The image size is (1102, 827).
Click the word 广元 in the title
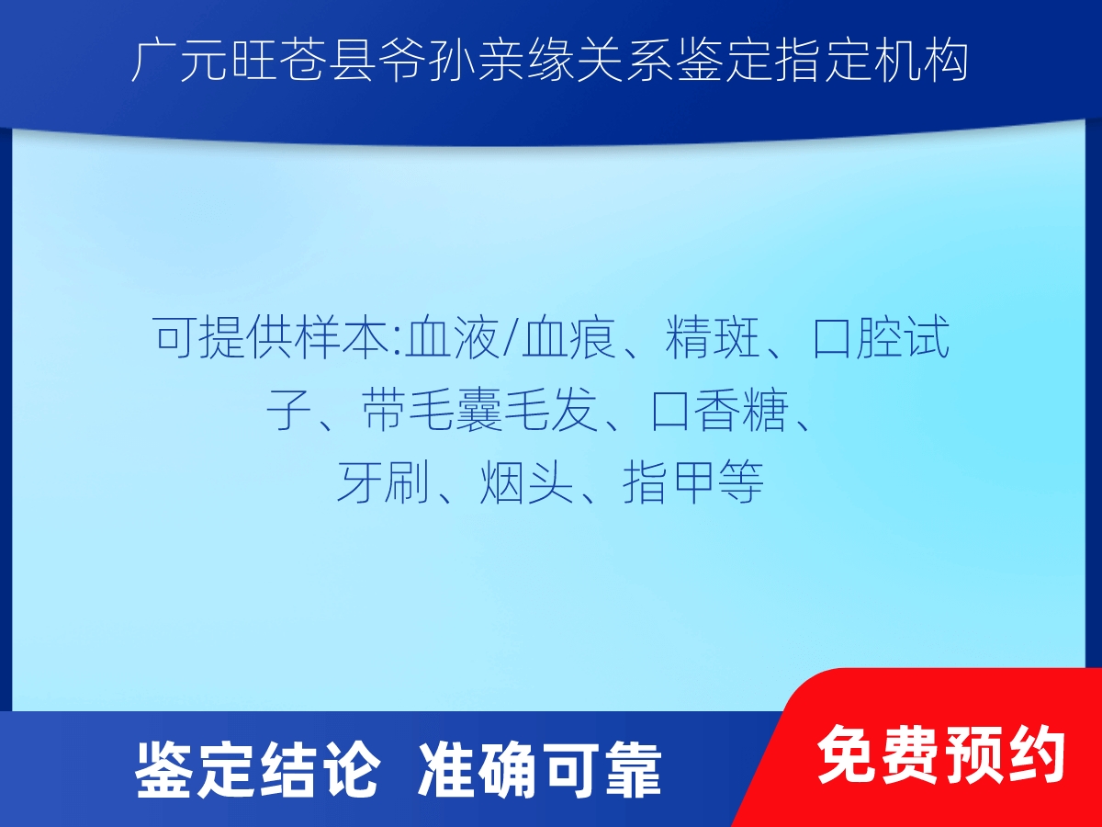point(179,62)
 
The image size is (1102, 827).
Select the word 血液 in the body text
point(453,337)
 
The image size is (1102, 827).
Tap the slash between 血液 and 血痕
point(511,337)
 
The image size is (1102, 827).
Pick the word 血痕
point(568,337)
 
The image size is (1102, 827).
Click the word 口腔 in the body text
point(857,337)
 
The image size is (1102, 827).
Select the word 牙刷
point(384,483)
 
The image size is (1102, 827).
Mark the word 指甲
point(669,483)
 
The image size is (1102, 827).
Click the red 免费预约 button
point(941,754)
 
